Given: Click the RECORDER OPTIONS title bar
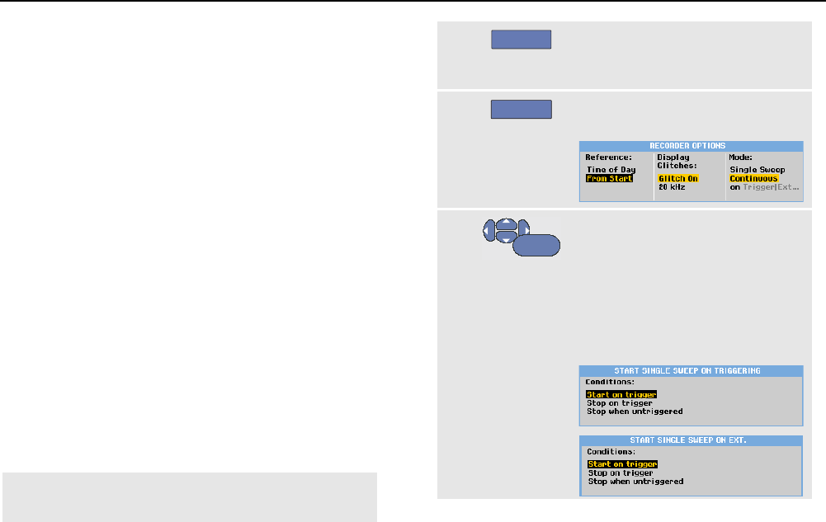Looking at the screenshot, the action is pos(691,146).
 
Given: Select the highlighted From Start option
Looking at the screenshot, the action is pos(609,178).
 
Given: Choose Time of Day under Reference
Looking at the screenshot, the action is pos(611,170).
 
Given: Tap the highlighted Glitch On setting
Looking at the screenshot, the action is pos(678,178).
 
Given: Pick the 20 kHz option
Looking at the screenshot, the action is pos(671,187).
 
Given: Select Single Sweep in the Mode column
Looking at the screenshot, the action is pos(757,170).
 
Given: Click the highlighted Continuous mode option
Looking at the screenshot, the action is pos(753,178).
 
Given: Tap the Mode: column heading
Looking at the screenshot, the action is pos(742,156).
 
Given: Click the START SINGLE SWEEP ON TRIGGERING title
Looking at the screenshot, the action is pos(691,371).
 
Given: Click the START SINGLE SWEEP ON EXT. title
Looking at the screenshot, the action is pos(691,440).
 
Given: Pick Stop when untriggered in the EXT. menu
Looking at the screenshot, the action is pos(635,482).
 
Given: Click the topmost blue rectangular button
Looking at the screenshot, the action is pos(521,41).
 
